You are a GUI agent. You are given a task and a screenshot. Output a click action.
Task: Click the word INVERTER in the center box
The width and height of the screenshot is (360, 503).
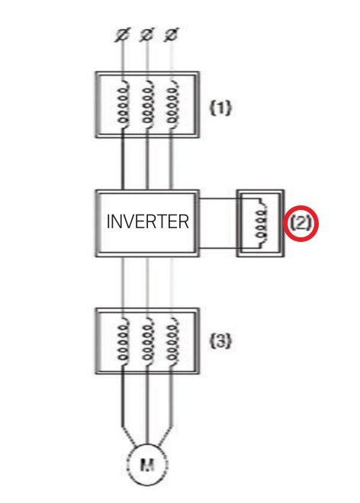[147, 222]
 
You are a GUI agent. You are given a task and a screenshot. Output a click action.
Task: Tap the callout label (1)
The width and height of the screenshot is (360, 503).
[220, 108]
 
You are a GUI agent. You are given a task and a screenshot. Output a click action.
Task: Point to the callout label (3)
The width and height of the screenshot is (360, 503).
[220, 341]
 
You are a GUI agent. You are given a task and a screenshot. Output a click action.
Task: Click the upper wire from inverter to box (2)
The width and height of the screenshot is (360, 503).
[219, 200]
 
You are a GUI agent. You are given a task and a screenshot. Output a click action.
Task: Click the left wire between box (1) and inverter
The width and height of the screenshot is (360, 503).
[122, 164]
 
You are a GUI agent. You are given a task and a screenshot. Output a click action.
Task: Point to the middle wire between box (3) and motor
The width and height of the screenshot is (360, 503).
[146, 405]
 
